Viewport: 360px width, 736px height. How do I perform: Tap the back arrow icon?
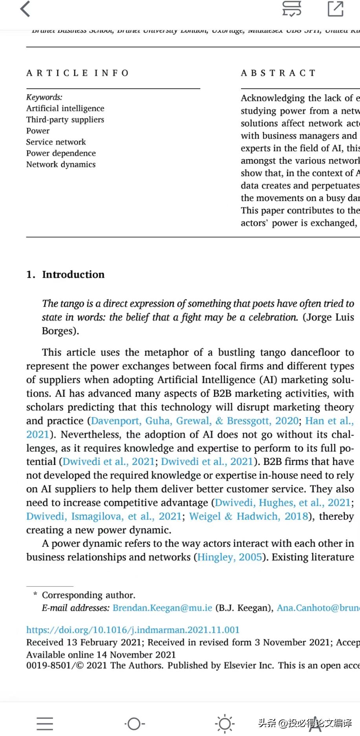(25, 9)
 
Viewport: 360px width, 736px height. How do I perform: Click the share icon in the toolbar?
(336, 9)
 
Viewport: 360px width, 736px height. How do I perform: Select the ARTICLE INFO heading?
(77, 73)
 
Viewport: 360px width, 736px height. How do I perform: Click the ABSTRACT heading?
(278, 73)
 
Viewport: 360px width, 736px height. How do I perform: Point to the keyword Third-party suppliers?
(65, 119)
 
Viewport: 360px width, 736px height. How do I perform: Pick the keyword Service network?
(56, 142)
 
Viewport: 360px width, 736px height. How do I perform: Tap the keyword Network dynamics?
(61, 164)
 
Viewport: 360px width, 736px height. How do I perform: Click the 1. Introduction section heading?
(66, 274)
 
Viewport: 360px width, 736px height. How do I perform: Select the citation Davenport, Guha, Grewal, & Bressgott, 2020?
(195, 421)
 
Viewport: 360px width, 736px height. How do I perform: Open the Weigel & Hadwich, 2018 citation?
(249, 516)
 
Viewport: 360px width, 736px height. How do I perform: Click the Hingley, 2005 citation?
(229, 557)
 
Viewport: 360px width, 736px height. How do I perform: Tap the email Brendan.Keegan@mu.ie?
(162, 608)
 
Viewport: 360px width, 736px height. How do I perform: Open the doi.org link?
(133, 630)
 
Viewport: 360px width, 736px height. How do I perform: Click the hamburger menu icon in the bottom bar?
(45, 723)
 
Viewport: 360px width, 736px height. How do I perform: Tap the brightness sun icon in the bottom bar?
(225, 723)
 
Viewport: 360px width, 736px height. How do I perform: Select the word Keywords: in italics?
(44, 97)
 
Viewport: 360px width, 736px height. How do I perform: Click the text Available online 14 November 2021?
(101, 654)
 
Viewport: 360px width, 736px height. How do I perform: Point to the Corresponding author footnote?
(88, 595)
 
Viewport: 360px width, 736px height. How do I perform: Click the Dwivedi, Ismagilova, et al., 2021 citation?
(104, 516)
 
